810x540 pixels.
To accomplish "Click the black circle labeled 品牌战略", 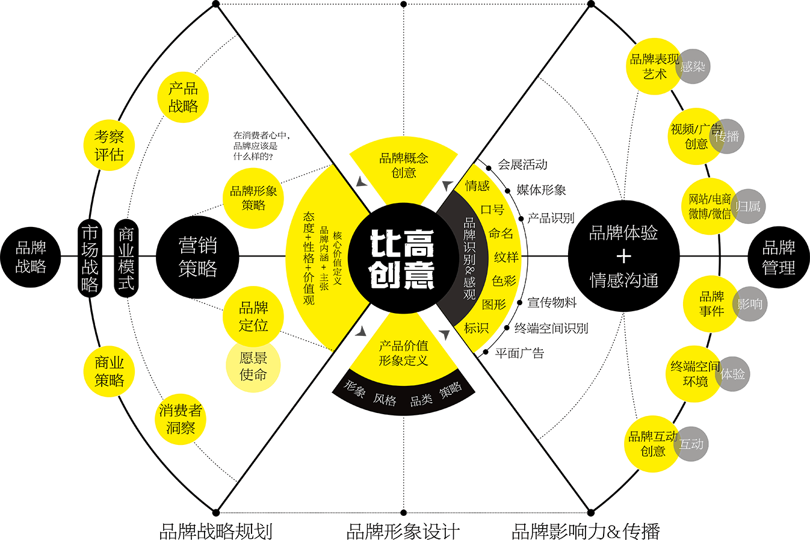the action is coord(31,257).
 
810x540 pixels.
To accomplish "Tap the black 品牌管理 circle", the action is coord(779,257).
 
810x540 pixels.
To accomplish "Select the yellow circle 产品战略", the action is coord(183,98).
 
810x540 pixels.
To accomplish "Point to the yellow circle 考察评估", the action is coord(109,146).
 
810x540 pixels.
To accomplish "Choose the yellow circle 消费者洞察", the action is coord(181,419).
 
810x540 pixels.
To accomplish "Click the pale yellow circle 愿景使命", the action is coord(253,365).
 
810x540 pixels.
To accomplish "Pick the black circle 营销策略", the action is coord(197,257).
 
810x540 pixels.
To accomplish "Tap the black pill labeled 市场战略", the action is coord(90,258).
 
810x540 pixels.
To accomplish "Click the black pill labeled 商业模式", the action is coord(126,258).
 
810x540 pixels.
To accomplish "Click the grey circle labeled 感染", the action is coord(693,67).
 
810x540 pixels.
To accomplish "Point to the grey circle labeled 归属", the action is coord(748,206).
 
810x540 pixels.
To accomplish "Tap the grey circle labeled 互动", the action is coord(691,444).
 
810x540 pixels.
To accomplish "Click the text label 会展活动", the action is coord(522,164).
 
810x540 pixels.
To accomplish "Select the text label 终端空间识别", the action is coord(551,329).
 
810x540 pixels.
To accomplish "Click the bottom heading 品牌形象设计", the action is coord(403,532).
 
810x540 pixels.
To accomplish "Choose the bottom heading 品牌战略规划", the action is coord(216,532).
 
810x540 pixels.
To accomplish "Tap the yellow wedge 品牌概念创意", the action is coord(404,170).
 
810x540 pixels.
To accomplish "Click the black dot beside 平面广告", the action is coord(486,352).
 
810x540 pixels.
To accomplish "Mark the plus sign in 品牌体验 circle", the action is coord(624,257).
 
